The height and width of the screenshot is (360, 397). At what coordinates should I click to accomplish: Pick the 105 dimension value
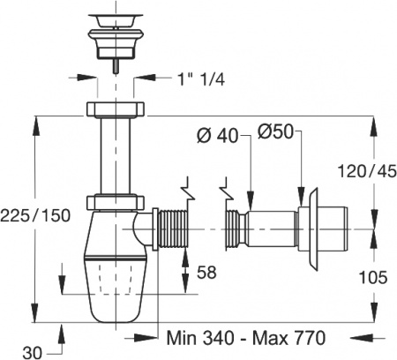(x=373, y=277)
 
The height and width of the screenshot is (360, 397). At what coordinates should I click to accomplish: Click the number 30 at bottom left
(x=34, y=352)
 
